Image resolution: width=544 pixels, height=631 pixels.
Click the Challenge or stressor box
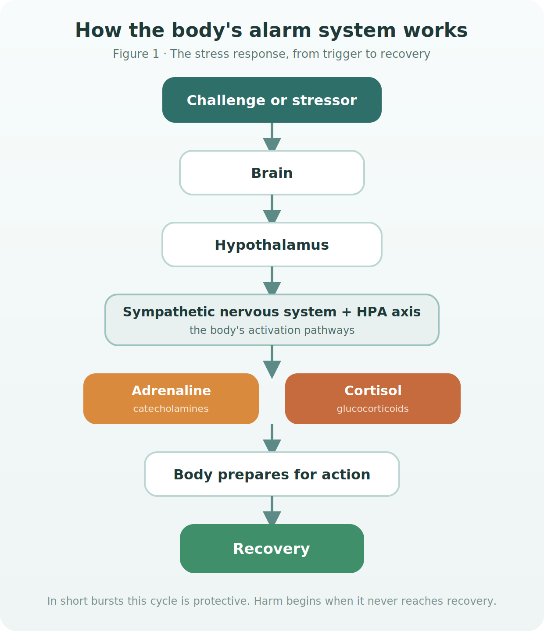(272, 100)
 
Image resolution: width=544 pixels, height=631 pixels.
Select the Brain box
(272, 173)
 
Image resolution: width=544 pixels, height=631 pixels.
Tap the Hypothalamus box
(272, 245)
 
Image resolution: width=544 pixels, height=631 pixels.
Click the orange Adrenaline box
(171, 399)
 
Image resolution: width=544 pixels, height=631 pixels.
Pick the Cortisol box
(372, 399)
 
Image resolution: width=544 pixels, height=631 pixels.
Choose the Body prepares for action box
(272, 474)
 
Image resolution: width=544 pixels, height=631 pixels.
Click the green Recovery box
(272, 549)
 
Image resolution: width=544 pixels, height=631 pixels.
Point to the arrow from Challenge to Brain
(272, 136)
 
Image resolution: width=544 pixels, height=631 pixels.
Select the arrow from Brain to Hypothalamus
(272, 209)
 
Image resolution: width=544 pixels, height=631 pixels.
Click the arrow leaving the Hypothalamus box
(272, 280)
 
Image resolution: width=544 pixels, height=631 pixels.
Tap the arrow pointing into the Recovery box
(272, 510)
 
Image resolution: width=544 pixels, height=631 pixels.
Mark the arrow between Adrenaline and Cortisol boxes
(272, 362)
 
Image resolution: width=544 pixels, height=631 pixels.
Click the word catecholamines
(171, 408)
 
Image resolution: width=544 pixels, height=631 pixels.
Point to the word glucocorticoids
(372, 409)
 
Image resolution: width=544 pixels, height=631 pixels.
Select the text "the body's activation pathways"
(272, 330)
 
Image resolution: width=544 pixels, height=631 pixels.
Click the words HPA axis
(388, 312)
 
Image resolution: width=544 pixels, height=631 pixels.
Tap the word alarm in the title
(280, 30)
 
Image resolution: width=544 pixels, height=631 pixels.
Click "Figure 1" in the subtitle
(136, 54)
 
